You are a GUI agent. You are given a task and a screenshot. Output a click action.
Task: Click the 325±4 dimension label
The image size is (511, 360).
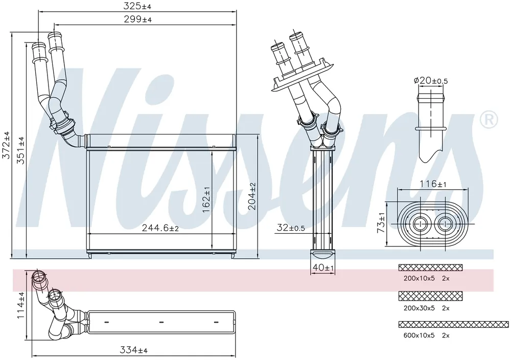137,6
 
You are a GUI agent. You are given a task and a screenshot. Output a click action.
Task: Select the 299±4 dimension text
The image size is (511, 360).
137,19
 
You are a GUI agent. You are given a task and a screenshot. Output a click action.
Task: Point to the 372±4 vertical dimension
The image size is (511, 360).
6,145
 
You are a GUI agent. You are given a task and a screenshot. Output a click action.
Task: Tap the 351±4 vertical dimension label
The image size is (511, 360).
20,150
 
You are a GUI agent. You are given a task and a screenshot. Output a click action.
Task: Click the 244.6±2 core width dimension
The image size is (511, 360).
160,228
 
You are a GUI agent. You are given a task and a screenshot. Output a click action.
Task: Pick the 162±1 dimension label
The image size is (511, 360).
206,200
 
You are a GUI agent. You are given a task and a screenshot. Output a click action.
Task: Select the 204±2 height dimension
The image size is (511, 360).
252,196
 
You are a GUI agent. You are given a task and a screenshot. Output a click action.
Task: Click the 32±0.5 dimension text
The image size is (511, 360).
291,228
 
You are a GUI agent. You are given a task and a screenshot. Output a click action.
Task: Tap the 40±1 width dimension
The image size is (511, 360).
323,267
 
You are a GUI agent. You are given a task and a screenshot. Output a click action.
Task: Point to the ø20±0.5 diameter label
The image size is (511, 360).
430,80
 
